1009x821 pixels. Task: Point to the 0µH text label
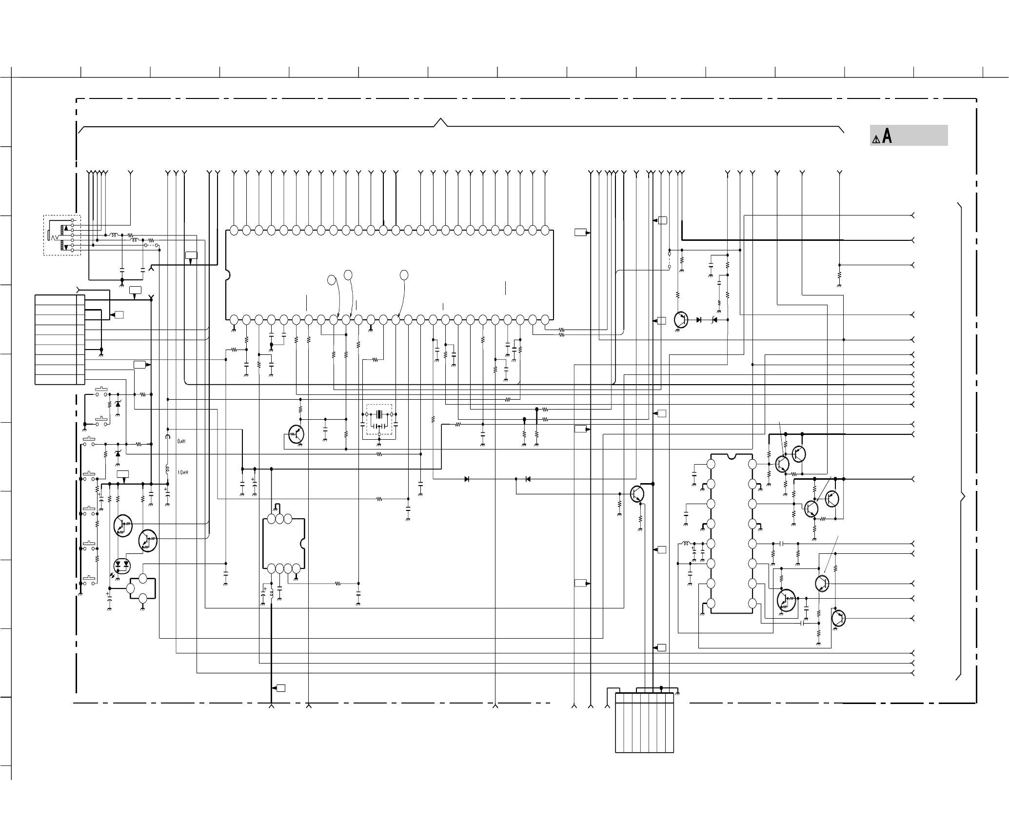pyautogui.click(x=181, y=441)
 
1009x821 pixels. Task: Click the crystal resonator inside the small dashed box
pyautogui.click(x=379, y=415)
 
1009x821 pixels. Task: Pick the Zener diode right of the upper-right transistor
pyautogui.click(x=714, y=320)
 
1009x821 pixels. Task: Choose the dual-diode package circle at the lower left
pyautogui.click(x=121, y=565)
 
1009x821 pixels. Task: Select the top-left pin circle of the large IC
pyautogui.click(x=234, y=230)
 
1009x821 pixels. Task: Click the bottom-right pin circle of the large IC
pyautogui.click(x=545, y=319)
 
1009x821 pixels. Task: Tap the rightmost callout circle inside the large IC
pyautogui.click(x=404, y=275)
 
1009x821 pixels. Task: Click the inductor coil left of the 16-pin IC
pyautogui.click(x=685, y=544)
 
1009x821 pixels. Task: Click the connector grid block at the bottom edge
pyautogui.click(x=645, y=723)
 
